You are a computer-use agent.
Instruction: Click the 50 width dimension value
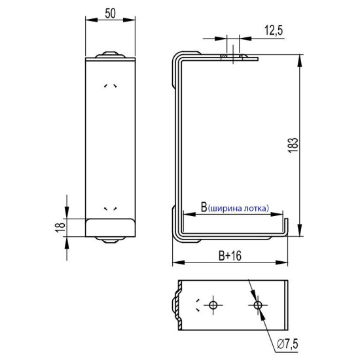tap(110, 13)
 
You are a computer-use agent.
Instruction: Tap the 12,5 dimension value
tap(274, 30)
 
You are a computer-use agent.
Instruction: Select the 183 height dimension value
tap(293, 145)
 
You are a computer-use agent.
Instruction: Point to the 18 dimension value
tap(60, 227)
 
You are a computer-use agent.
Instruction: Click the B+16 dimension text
tap(230, 256)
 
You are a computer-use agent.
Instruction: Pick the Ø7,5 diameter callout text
tap(287, 344)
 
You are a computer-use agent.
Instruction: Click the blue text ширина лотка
tap(238, 208)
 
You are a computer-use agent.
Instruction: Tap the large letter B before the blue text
tap(204, 207)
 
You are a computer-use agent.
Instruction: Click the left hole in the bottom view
tap(213, 305)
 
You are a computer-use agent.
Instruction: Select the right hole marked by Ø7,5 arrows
tap(258, 305)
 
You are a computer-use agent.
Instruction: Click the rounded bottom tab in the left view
tap(110, 228)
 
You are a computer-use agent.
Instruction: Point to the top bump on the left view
tap(111, 54)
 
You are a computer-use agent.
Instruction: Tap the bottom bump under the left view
tap(111, 240)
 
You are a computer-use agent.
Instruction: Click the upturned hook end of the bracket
tap(286, 226)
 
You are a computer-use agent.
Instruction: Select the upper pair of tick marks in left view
tap(111, 86)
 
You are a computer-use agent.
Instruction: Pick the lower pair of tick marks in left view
tap(111, 208)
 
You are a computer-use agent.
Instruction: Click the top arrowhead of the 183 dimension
tap(299, 61)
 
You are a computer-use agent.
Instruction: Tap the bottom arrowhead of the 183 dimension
tap(299, 230)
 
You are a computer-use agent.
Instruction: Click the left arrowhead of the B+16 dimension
tap(179, 262)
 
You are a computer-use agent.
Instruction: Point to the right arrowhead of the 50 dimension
tap(129, 20)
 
